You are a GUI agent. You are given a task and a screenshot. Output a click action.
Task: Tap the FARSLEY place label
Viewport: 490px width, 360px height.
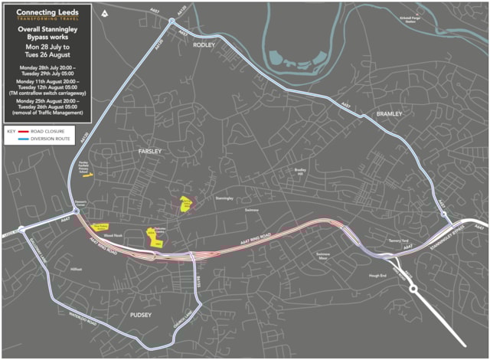coord(149,152)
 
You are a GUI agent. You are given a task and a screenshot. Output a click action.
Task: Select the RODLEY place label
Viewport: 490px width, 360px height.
coord(205,45)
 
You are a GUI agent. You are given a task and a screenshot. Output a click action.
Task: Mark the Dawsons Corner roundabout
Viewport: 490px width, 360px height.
coord(77,211)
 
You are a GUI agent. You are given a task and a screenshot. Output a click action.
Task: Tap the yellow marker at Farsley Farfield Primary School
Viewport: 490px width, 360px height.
coord(89,175)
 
